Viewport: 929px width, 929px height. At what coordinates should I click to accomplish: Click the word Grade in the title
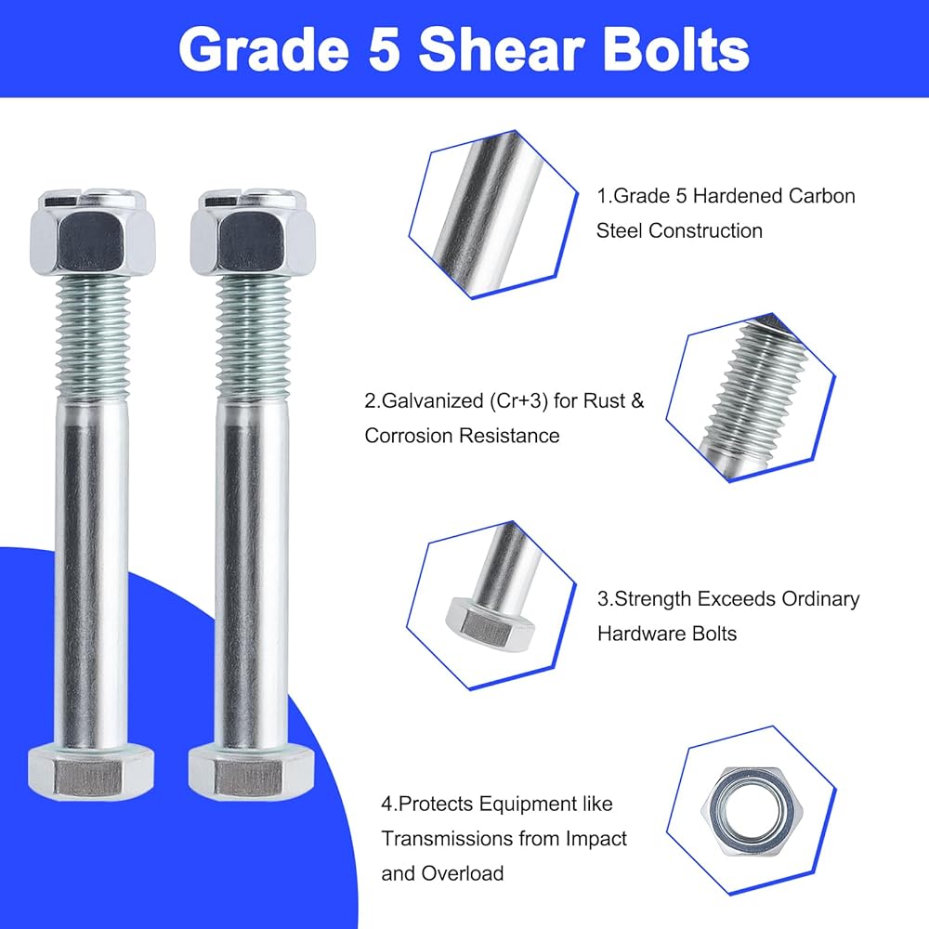pyautogui.click(x=264, y=50)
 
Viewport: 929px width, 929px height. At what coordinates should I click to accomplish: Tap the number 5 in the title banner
pyautogui.click(x=384, y=50)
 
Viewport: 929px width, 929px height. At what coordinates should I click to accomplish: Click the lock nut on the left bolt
pyautogui.click(x=93, y=233)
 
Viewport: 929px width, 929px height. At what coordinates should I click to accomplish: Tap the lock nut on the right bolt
pyautogui.click(x=253, y=233)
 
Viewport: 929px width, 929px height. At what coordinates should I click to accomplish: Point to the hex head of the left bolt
pyautogui.click(x=91, y=773)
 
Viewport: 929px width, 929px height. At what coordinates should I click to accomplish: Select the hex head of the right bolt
pyautogui.click(x=251, y=773)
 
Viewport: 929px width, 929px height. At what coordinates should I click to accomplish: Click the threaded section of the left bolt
pyautogui.click(x=93, y=338)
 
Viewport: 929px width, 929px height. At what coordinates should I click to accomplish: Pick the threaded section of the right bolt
pyautogui.click(x=254, y=338)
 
